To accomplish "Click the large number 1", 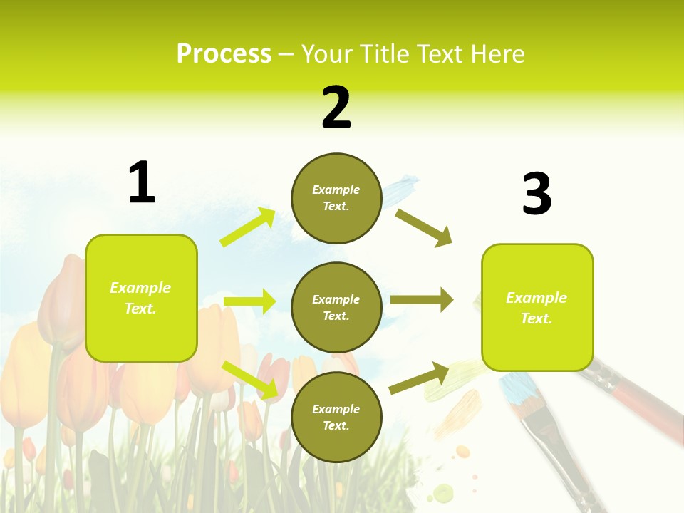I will (x=142, y=182).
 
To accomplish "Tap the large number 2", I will (x=336, y=108).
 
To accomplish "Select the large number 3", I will (x=537, y=194).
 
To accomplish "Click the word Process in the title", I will (x=224, y=53).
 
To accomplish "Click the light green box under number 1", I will (x=141, y=298).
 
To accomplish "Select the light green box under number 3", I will (x=537, y=308).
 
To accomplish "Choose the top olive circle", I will (x=336, y=198).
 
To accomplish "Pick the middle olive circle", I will (x=336, y=308).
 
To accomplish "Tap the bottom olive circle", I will (x=336, y=418).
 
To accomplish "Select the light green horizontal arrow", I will (x=250, y=301).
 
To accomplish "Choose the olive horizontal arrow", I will (x=422, y=300).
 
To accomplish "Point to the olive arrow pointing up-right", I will (x=420, y=378).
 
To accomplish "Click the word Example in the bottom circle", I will (x=336, y=409).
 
